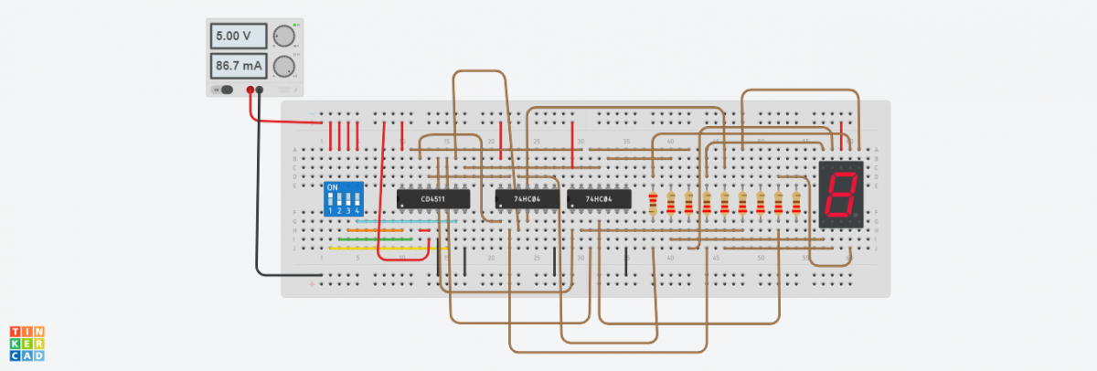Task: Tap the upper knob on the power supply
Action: pyautogui.click(x=285, y=37)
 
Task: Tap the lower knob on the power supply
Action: pyautogui.click(x=285, y=66)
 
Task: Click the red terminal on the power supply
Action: pyautogui.click(x=250, y=90)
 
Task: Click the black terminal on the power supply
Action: pyautogui.click(x=261, y=90)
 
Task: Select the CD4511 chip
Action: pyautogui.click(x=433, y=198)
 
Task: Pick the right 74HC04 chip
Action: pyautogui.click(x=598, y=198)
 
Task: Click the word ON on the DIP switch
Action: pyautogui.click(x=332, y=187)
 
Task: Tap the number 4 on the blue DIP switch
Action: pyautogui.click(x=357, y=211)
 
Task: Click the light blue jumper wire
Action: pyautogui.click(x=402, y=221)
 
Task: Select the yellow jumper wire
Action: pyautogui.click(x=384, y=248)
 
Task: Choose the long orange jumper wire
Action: pyautogui.click(x=384, y=230)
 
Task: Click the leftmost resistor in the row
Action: pyautogui.click(x=652, y=204)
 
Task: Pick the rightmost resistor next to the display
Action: pyautogui.click(x=796, y=204)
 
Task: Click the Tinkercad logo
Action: pyautogui.click(x=27, y=342)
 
